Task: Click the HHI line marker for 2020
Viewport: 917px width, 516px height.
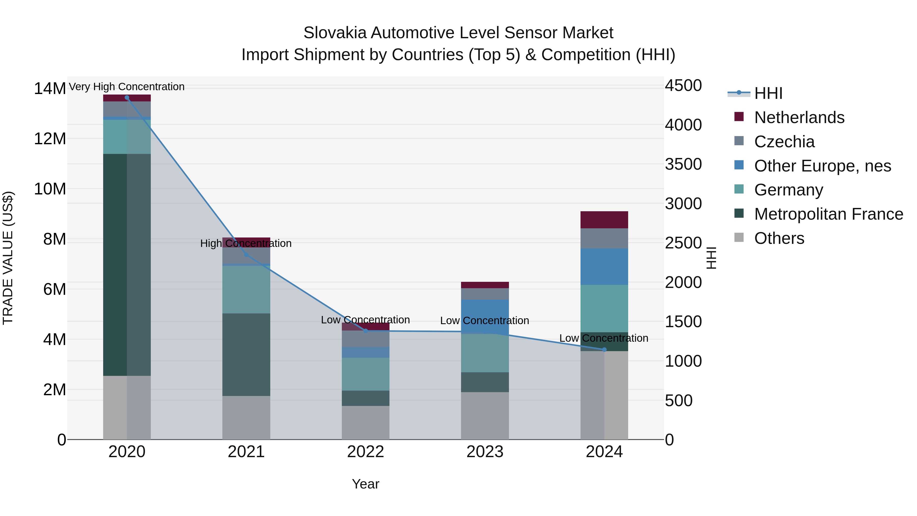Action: [x=127, y=98]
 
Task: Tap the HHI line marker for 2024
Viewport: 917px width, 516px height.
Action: [x=604, y=350]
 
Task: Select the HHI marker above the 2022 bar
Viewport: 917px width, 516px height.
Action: [x=365, y=331]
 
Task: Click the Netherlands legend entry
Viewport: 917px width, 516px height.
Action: [x=799, y=117]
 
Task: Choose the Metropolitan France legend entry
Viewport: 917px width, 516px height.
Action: [x=828, y=214]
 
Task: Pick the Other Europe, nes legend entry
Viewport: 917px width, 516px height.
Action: [x=822, y=166]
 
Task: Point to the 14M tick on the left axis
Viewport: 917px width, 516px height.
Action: [x=50, y=88]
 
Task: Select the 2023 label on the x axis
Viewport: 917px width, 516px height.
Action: [x=484, y=452]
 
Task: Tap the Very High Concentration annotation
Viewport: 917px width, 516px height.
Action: [x=127, y=87]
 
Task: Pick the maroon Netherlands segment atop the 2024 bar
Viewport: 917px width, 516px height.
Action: [x=604, y=219]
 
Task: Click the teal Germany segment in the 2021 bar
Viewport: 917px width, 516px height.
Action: [x=246, y=289]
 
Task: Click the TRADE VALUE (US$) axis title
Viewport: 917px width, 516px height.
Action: [x=8, y=258]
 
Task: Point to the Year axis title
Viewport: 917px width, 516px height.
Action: [x=365, y=484]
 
